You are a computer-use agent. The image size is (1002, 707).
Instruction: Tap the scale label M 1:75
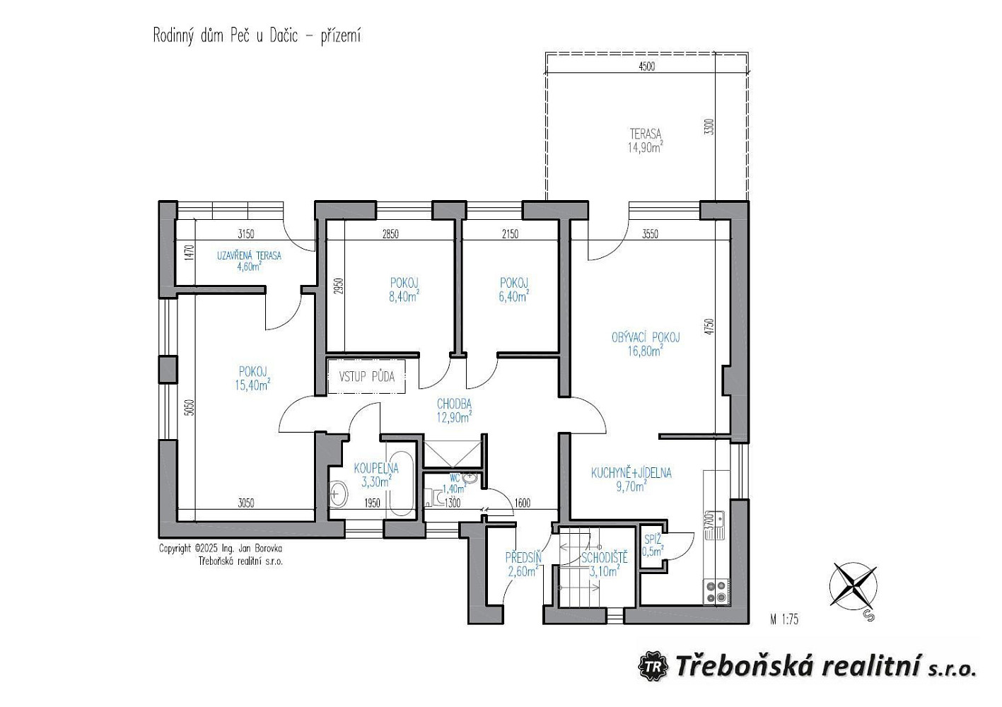[x=784, y=620]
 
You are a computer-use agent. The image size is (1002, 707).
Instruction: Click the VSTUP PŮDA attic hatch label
[x=366, y=377]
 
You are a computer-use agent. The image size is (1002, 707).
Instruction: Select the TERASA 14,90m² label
[x=645, y=141]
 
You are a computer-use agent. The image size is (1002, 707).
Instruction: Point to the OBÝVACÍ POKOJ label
[x=646, y=337]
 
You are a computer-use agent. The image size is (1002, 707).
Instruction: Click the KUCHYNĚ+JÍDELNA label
[x=631, y=473]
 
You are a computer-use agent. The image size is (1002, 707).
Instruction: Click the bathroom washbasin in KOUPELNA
[x=338, y=493]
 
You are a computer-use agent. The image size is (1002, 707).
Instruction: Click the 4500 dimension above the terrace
[x=646, y=66]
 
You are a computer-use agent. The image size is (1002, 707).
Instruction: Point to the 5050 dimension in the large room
[x=190, y=407]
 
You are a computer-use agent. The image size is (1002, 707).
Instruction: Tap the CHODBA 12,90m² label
[x=455, y=411]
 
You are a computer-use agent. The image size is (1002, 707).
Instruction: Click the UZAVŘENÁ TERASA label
[x=249, y=261]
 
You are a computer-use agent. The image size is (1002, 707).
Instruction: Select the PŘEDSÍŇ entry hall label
[x=523, y=564]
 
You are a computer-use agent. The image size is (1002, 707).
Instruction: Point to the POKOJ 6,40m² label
[x=514, y=290]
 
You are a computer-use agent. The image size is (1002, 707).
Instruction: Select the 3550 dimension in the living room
[x=650, y=234]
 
